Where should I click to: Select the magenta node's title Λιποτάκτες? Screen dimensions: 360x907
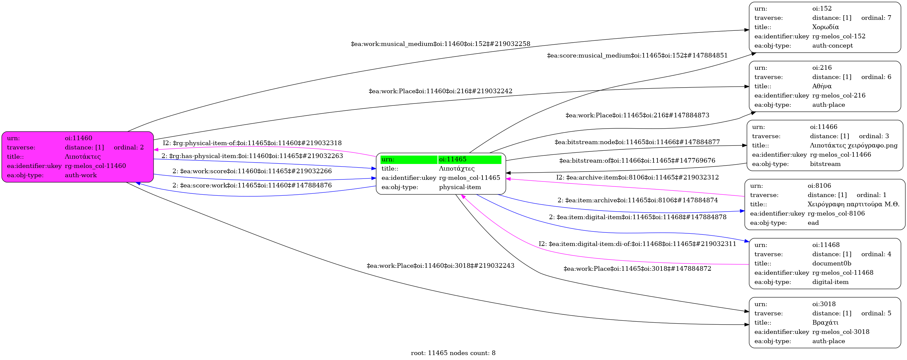pyautogui.click(x=82, y=157)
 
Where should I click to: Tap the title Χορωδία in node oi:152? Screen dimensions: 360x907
pyautogui.click(x=825, y=27)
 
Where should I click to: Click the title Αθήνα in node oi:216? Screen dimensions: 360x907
pyautogui.click(x=822, y=86)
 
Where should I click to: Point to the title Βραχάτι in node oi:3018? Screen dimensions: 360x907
pyautogui.click(x=825, y=323)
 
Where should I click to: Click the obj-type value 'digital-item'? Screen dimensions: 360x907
pyautogui.click(x=830, y=282)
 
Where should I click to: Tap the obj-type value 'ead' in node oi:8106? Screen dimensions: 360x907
pyautogui.click(x=813, y=223)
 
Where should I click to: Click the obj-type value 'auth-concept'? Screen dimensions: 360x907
pyautogui.click(x=832, y=46)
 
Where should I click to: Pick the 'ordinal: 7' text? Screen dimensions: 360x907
pyautogui.click(x=876, y=18)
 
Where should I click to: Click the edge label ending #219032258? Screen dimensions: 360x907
pyautogui.click(x=440, y=44)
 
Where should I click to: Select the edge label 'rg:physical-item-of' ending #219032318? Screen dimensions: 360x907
pyautogui.click(x=252, y=143)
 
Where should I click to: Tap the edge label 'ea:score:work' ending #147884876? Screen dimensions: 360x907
pyautogui.click(x=252, y=185)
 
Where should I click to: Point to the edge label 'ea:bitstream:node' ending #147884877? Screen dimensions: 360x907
pyautogui.click(x=637, y=142)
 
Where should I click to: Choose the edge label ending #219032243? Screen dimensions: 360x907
pyautogui.click(x=440, y=266)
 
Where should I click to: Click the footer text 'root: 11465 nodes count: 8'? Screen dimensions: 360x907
pyautogui.click(x=453, y=353)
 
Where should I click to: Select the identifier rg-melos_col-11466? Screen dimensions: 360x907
pyautogui.click(x=840, y=155)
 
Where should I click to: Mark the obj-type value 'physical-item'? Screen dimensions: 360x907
pyautogui.click(x=460, y=187)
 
